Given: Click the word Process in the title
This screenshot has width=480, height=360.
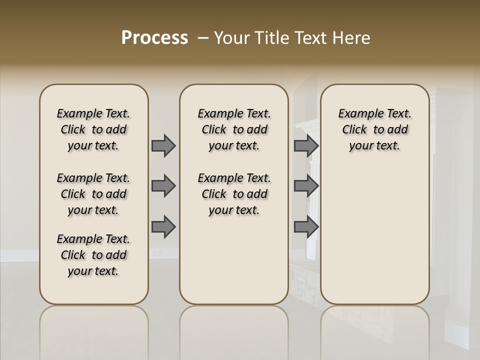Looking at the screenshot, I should [x=154, y=38].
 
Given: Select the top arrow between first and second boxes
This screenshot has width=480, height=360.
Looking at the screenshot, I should [x=163, y=145].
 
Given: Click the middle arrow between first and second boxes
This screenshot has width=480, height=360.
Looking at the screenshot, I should [x=163, y=186].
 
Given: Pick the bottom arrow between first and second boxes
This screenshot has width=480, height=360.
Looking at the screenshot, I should [x=163, y=227].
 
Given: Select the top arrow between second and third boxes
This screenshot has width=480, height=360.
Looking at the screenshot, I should [x=305, y=145].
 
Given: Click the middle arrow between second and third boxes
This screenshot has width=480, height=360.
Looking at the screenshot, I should [x=305, y=186].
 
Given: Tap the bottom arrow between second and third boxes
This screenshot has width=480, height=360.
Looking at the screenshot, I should [x=305, y=227].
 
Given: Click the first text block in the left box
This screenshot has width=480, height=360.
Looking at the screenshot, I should [x=93, y=129].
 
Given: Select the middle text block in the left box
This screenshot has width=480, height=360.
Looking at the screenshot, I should [x=93, y=194].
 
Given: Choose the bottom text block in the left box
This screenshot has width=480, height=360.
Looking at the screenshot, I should [x=93, y=255].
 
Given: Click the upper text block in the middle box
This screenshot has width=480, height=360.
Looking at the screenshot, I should [x=234, y=129].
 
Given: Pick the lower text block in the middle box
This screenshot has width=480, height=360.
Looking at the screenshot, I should [x=234, y=194].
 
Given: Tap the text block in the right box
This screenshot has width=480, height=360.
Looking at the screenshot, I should [x=375, y=129].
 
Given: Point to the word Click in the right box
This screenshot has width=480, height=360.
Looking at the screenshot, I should [x=354, y=130].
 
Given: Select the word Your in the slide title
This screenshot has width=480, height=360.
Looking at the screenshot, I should [x=231, y=38].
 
